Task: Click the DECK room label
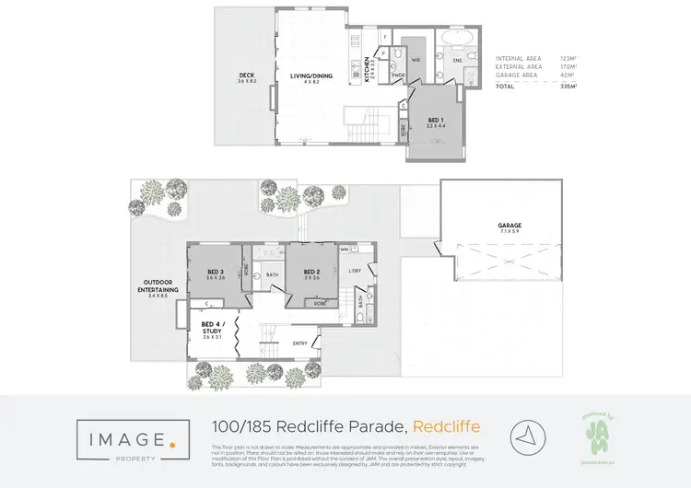click(x=247, y=76)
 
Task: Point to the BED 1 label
click(x=436, y=120)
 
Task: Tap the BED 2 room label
click(x=311, y=272)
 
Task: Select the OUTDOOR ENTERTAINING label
click(x=159, y=285)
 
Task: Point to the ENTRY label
click(x=300, y=344)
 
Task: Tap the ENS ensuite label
click(x=456, y=60)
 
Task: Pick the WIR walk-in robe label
click(x=416, y=60)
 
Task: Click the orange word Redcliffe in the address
click(x=447, y=427)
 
